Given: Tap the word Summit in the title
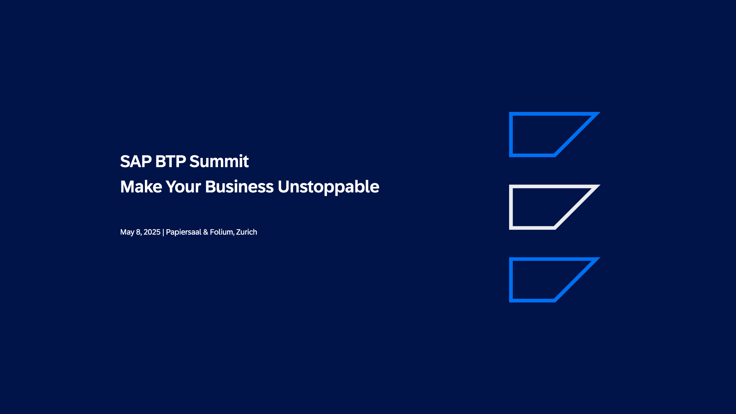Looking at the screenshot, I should [219, 161].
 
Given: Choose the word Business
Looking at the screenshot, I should [239, 187].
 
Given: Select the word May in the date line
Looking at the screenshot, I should [127, 232].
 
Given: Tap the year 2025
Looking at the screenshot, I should [152, 232].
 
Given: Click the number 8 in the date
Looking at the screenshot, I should [138, 232].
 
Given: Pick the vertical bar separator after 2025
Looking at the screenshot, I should [163, 232].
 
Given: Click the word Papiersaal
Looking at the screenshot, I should [183, 232].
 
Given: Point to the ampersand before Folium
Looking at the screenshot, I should [205, 232].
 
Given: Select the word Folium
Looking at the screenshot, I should [222, 232].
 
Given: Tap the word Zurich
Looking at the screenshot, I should [246, 232].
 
